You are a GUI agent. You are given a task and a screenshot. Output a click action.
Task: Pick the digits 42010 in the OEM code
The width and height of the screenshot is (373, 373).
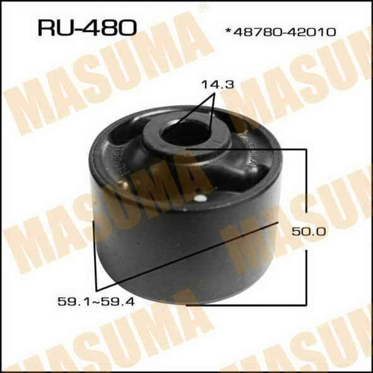pos(314,32)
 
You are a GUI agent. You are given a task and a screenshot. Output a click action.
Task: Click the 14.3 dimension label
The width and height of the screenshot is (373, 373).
pos(215,84)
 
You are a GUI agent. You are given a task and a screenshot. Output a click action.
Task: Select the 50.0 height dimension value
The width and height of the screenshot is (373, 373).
pos(308,231)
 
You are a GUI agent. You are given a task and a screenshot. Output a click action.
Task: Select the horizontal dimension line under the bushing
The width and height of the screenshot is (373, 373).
pos(245,305)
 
